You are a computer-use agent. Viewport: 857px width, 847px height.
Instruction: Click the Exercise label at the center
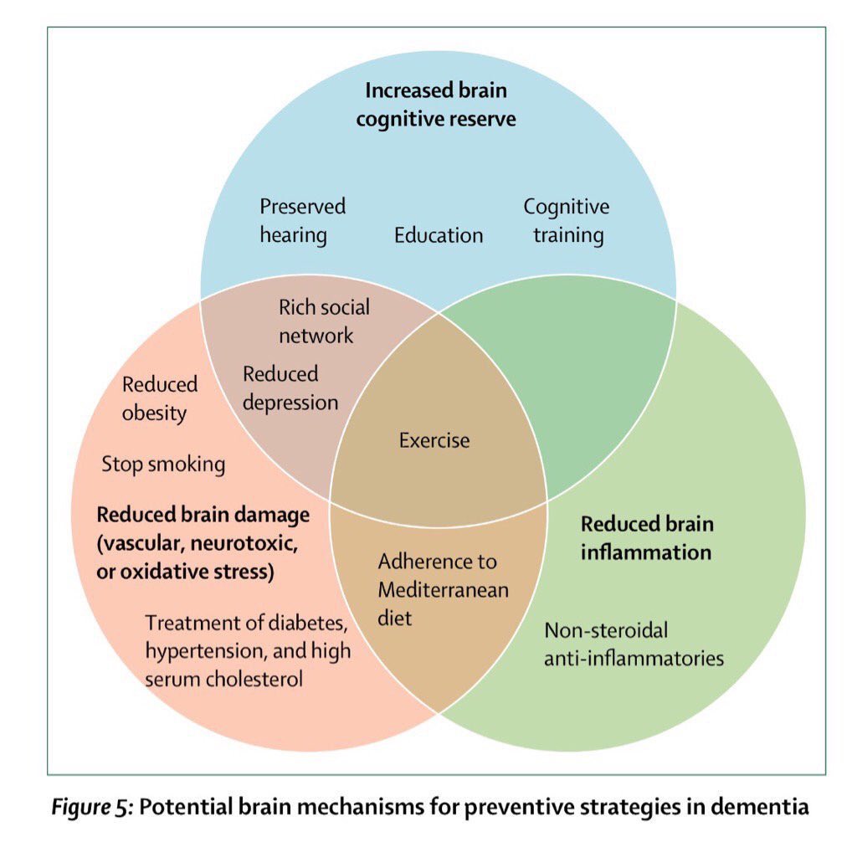434,440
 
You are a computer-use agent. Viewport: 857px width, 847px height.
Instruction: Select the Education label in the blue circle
439,235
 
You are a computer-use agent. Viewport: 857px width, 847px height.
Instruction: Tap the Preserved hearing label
301,221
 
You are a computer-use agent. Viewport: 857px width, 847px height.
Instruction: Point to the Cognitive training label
567,221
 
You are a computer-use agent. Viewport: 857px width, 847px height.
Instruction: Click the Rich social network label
324,321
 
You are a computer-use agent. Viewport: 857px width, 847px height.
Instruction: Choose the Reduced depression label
290,388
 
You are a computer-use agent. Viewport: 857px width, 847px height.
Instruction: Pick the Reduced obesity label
159,398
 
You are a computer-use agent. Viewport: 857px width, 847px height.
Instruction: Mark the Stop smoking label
163,464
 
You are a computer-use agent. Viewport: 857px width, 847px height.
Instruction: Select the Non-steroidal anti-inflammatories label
634,644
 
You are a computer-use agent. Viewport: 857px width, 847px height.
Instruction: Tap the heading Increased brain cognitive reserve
436,104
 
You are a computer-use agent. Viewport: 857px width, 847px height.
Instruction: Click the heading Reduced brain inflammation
647,538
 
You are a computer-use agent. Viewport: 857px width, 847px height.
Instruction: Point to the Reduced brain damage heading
203,543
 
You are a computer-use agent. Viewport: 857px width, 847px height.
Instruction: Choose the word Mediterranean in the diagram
443,590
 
